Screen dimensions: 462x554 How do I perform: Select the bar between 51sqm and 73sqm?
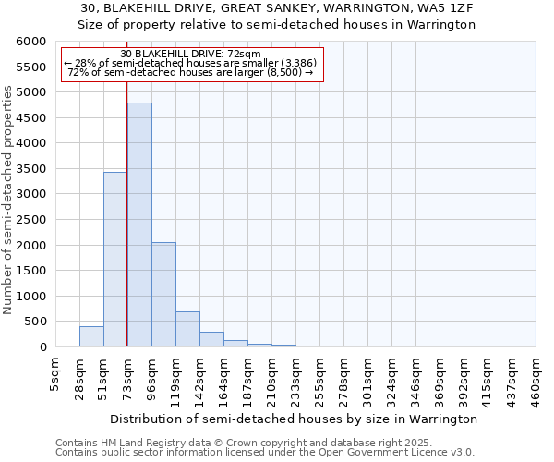pos(115,260)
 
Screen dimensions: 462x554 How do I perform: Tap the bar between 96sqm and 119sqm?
pos(163,295)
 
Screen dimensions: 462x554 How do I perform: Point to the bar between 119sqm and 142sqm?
pos(187,329)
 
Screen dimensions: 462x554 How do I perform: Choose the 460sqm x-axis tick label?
pos(536,379)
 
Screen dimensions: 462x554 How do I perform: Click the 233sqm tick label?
pos(295,379)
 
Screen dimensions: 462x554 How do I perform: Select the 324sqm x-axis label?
pos(391,379)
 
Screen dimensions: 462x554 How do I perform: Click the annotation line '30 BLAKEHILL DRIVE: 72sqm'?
pos(190,54)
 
